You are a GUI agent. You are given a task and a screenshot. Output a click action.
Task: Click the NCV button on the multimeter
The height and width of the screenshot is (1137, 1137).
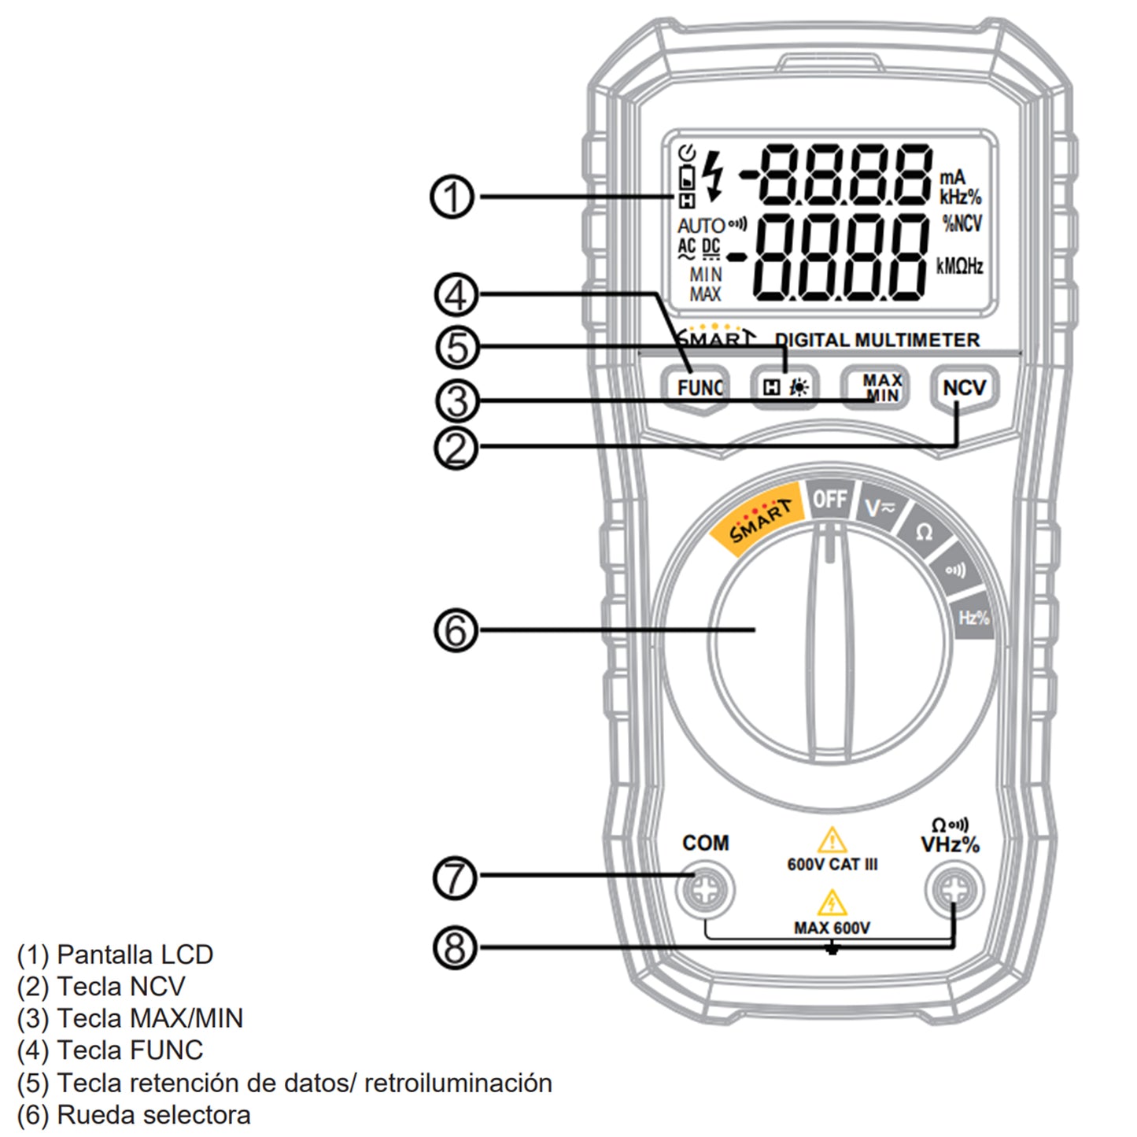(964, 388)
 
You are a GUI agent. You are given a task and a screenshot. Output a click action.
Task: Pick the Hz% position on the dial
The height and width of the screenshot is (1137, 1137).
(974, 618)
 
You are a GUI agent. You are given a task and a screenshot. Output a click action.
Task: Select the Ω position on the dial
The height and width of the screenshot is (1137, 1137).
(925, 533)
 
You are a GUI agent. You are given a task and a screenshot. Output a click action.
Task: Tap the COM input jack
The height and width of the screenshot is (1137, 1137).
(704, 891)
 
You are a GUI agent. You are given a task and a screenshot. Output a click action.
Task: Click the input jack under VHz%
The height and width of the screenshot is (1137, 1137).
(954, 891)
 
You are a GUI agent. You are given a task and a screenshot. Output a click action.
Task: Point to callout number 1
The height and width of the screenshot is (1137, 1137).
(452, 197)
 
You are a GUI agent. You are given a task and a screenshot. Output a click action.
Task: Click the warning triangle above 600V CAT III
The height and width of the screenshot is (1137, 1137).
(831, 841)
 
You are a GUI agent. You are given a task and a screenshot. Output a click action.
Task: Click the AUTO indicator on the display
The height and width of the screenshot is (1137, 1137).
(700, 226)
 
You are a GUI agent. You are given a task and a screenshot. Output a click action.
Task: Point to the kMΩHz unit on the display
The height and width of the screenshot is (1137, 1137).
(959, 266)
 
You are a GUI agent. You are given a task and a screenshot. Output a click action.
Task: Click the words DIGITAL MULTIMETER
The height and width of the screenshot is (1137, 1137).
(877, 340)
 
